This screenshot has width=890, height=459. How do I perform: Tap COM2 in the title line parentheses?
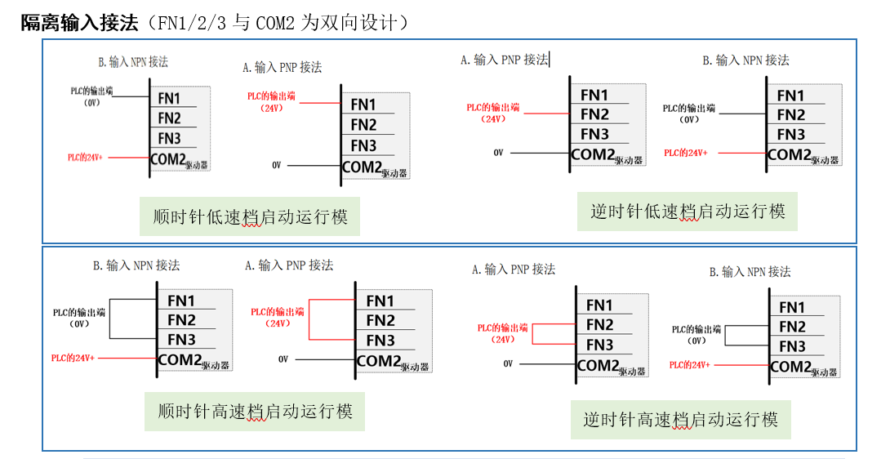coord(274,23)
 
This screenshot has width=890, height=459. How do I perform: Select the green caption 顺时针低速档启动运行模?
coord(250,216)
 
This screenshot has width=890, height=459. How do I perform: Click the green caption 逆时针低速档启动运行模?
coord(688,212)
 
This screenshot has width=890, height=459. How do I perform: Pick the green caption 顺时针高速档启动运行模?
coord(255,411)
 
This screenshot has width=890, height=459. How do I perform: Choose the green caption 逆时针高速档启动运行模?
coord(680,420)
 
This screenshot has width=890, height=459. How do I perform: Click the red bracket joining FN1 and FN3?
coord(309,320)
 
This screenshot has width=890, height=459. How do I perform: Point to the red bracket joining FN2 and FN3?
coord(533,334)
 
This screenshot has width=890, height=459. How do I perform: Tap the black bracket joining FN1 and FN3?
coord(112,319)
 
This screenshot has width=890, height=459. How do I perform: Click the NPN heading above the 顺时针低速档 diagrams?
coord(132,62)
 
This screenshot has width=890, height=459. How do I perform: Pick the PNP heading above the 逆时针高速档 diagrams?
coord(513,269)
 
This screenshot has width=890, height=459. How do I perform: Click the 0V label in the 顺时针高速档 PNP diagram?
coord(283,359)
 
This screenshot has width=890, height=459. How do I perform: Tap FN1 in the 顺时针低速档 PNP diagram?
coord(363,105)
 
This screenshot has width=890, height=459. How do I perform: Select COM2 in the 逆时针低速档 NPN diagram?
coord(789,154)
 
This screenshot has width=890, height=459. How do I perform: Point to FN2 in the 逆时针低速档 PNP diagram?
coord(594,114)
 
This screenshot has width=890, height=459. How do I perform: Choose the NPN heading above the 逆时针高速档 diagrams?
coord(750,271)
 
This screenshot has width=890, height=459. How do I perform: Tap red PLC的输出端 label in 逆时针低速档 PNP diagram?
coord(492,108)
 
